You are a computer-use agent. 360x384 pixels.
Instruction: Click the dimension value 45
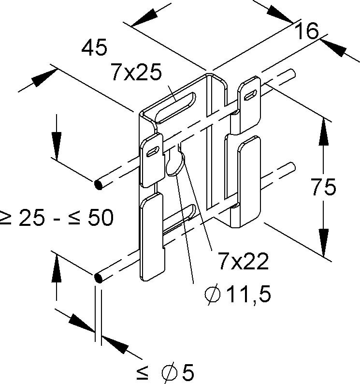[94, 47]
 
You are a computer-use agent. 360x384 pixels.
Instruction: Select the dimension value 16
[306, 31]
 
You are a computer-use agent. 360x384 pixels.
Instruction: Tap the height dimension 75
[324, 187]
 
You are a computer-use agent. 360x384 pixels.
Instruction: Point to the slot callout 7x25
[137, 72]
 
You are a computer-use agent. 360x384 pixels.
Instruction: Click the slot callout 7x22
[244, 261]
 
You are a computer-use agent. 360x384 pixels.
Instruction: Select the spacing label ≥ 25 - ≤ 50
[56, 218]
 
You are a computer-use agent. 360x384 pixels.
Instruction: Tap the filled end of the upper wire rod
[99, 184]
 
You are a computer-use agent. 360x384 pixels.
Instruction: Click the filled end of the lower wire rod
[99, 278]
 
